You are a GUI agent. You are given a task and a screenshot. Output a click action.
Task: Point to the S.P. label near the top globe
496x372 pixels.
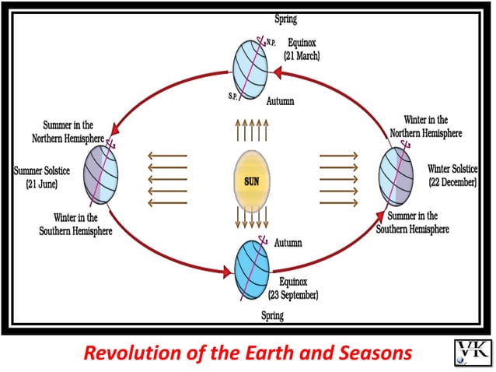(x=232, y=97)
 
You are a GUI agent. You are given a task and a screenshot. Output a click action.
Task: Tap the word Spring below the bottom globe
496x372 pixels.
(x=272, y=316)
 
